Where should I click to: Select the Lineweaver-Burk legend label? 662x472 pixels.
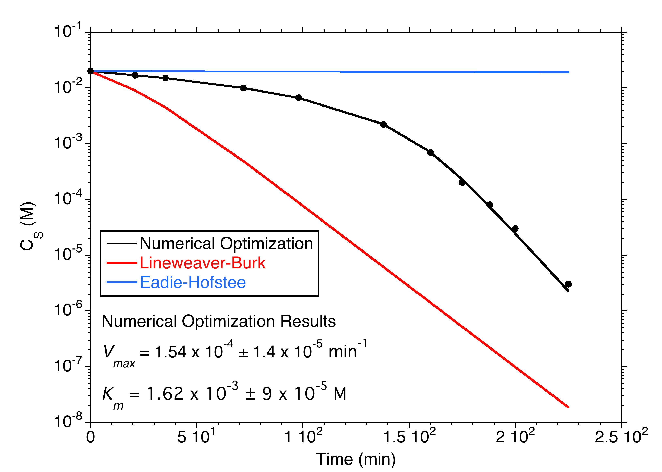pyautogui.click(x=203, y=263)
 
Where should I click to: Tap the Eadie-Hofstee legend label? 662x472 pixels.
pyautogui.click(x=193, y=282)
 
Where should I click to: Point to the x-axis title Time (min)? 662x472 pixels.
pyautogui.click(x=356, y=459)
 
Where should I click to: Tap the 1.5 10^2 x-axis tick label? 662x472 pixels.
pyautogui.click(x=409, y=437)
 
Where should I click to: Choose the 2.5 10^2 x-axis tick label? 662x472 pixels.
pyautogui.click(x=621, y=437)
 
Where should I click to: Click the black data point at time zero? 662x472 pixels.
pyautogui.click(x=90, y=71)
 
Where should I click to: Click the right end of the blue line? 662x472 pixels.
pyautogui.click(x=568, y=72)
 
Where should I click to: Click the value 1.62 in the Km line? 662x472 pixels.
pyautogui.click(x=165, y=394)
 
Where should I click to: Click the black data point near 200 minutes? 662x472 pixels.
pyautogui.click(x=515, y=228)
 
